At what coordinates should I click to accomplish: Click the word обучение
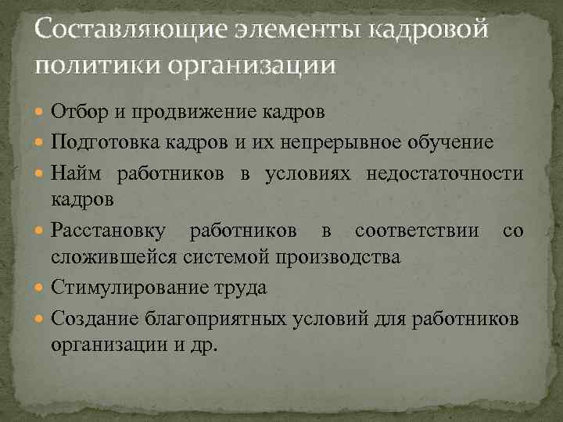(472, 141)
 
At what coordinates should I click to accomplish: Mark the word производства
(344, 257)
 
